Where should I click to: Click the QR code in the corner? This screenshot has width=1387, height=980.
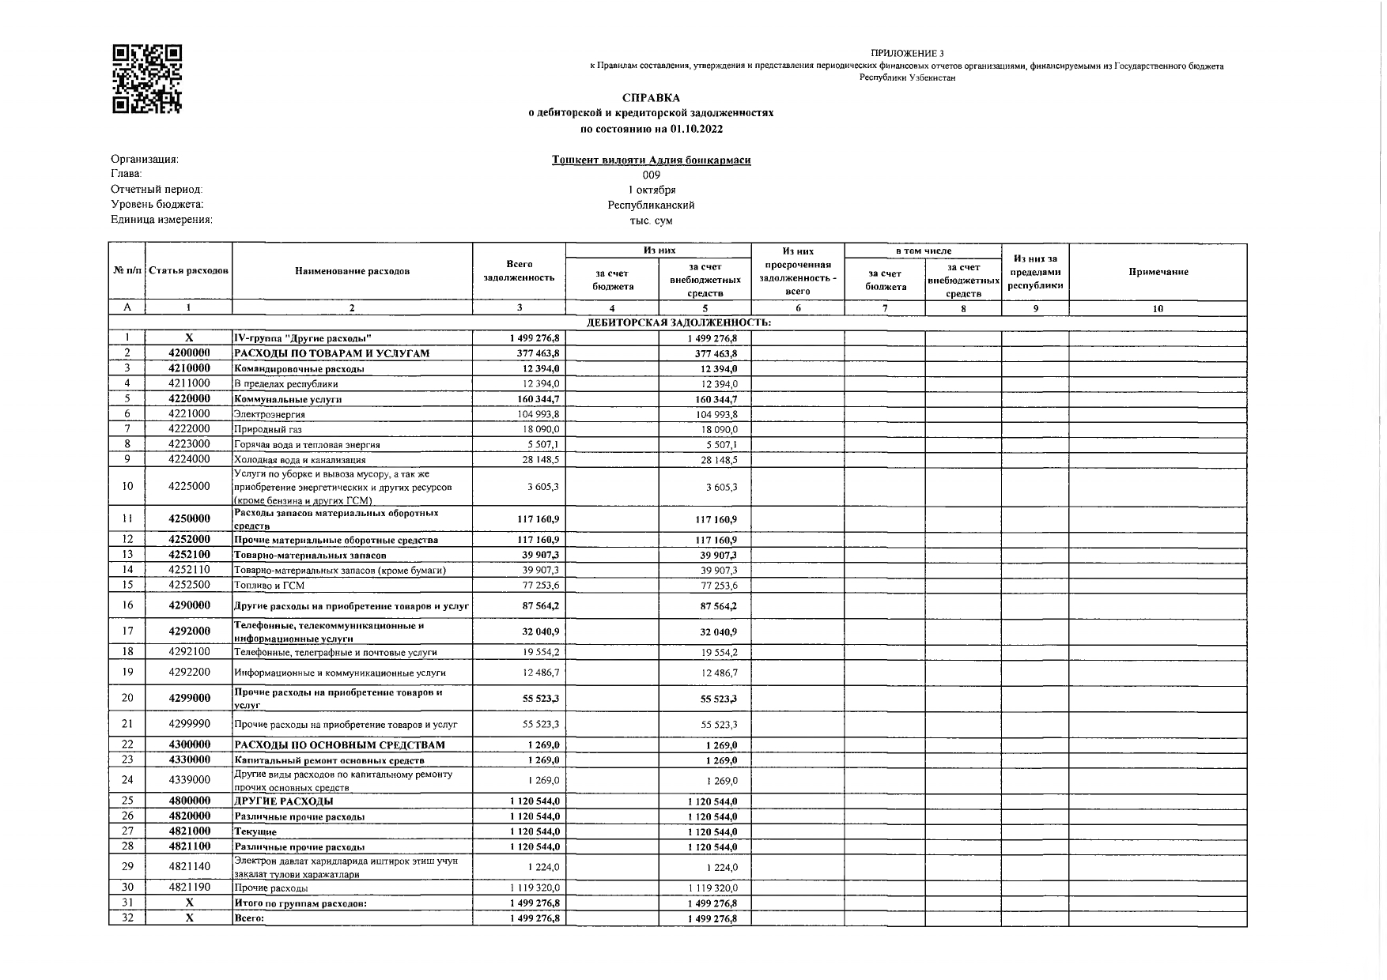(x=148, y=79)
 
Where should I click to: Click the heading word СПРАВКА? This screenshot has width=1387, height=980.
(x=650, y=98)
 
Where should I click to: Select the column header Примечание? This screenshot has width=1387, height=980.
(x=1158, y=272)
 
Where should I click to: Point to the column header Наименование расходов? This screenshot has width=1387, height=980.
(x=352, y=272)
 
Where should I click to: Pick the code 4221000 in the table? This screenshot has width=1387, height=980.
(x=189, y=414)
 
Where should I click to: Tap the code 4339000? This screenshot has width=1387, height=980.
(x=189, y=780)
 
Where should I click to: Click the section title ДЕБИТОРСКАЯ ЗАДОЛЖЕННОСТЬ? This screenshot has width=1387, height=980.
(x=678, y=323)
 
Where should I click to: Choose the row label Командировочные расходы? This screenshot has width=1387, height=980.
(x=299, y=369)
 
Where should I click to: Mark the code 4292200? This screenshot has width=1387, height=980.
(x=189, y=673)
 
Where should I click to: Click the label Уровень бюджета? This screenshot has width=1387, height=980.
(x=157, y=205)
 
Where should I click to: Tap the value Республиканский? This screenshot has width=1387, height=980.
(x=651, y=205)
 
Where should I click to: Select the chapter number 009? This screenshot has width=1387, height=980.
(x=651, y=175)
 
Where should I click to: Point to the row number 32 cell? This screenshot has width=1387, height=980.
(x=127, y=918)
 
